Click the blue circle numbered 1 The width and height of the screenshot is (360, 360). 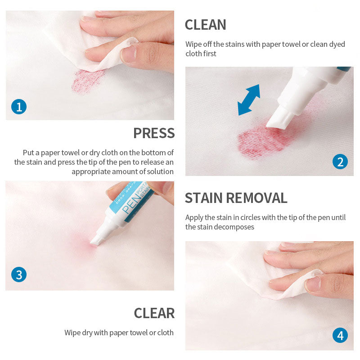tap(19, 107)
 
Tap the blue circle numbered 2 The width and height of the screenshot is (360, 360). tap(340, 162)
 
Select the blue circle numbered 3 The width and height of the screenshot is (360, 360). tap(19, 274)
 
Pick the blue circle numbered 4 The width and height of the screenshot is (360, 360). tap(340, 335)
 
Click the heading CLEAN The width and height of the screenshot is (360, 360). tap(206, 25)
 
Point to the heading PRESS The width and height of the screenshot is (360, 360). tap(154, 133)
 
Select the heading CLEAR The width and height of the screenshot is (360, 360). tap(154, 313)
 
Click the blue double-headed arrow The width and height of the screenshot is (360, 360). tap(249, 100)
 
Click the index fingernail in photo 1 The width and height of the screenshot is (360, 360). tap(129, 54)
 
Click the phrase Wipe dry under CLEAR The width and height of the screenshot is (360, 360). tap(78, 333)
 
